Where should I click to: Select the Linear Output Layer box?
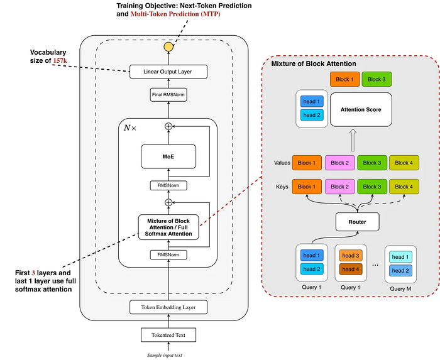(168, 72)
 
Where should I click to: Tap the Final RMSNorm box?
(168, 95)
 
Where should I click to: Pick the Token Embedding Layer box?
(168, 307)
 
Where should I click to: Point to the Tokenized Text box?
(168, 334)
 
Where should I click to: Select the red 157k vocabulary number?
(60, 60)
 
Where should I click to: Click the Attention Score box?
(361, 109)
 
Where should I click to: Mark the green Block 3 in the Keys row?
(371, 187)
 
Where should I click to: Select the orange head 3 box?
(350, 256)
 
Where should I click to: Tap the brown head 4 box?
(350, 270)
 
